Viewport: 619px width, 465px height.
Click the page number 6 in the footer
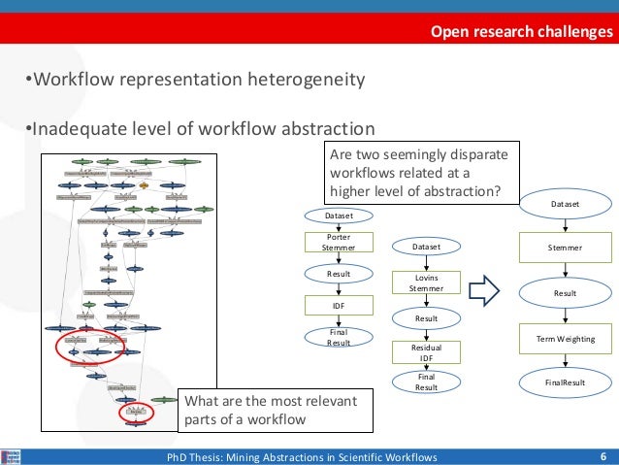(x=603, y=456)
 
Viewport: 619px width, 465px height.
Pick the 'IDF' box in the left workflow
(x=338, y=306)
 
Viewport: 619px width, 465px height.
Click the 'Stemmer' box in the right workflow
(x=565, y=248)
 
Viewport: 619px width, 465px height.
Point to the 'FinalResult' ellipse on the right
(x=565, y=382)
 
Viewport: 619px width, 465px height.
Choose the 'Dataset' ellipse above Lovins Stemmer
(x=427, y=248)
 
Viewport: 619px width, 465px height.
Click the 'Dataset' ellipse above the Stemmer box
(x=565, y=205)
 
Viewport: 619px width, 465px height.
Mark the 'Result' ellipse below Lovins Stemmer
(x=427, y=317)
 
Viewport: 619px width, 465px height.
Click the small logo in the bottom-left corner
(x=13, y=456)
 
